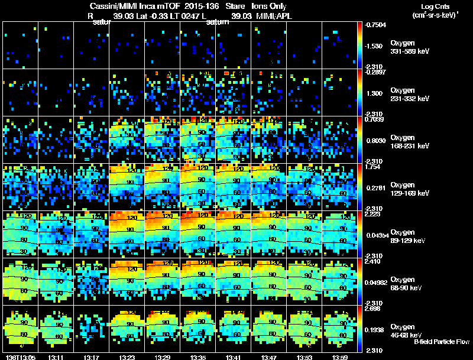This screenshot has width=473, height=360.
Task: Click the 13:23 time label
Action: pyautogui.click(x=127, y=357)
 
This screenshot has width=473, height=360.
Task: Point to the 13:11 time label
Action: pyautogui.click(x=56, y=357)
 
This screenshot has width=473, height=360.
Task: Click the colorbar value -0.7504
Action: pyautogui.click(x=377, y=25)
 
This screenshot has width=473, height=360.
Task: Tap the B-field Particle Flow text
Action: pyautogui.click(x=441, y=342)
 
